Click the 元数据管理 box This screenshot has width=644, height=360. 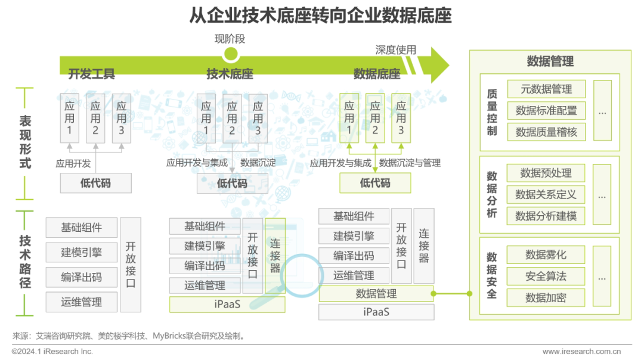coord(546,89)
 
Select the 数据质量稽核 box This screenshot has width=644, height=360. coord(546,132)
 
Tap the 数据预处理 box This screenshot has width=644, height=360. coord(546,173)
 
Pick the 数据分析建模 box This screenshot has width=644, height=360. coord(546,216)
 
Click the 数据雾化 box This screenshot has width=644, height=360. coord(546,255)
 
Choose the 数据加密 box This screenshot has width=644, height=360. coord(546,298)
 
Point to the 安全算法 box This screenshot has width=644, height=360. coord(546,277)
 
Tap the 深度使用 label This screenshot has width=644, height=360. coord(395,50)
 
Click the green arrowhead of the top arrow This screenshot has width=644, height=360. coord(439,64)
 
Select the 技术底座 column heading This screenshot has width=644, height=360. coord(230,75)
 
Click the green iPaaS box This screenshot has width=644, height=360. coord(227,305)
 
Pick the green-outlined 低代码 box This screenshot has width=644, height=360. coord(375,184)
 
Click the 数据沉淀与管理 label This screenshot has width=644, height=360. coord(410,163)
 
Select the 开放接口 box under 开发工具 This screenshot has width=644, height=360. coord(131,265)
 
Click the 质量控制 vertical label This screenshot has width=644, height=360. coord(492,111)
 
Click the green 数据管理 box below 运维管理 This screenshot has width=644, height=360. coord(376,294)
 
